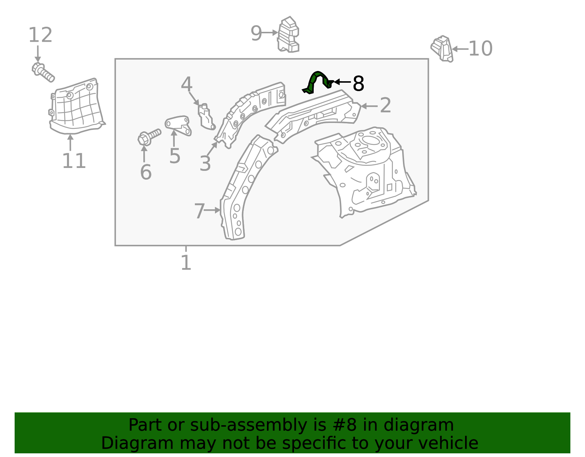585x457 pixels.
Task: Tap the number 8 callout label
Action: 358,84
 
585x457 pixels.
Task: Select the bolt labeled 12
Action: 43,72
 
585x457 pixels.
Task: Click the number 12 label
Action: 40,35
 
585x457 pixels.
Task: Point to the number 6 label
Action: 146,172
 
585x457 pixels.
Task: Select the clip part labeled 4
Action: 205,116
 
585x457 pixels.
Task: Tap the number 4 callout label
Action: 186,85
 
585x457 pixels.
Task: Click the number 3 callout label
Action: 205,163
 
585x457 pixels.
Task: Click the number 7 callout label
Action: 199,211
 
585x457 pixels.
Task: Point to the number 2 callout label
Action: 385,106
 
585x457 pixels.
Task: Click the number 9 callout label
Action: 256,33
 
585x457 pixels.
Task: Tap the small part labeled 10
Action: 442,48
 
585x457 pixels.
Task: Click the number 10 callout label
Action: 480,49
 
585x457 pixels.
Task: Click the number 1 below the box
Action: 186,263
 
